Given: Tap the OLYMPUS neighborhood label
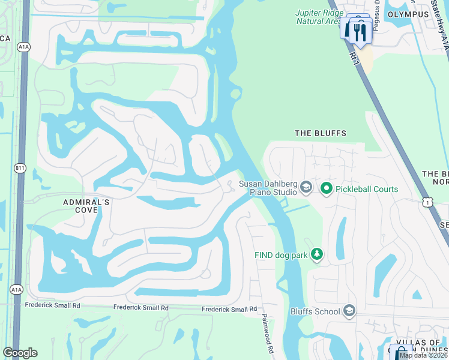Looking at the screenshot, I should coord(408,14).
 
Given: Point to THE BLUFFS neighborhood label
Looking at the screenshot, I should coord(321,133).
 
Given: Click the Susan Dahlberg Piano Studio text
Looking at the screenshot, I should coord(268,188).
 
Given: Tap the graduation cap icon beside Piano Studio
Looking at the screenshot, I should coord(306,188).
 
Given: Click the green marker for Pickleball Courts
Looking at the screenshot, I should coord(326,189).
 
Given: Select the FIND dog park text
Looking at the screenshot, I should coord(281,255).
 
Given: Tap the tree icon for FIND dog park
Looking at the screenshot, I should coord(316,255).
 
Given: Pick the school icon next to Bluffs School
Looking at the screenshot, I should coord(349,311).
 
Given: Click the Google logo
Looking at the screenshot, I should coord(20,353).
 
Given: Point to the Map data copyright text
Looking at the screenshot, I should coord(423,355).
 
